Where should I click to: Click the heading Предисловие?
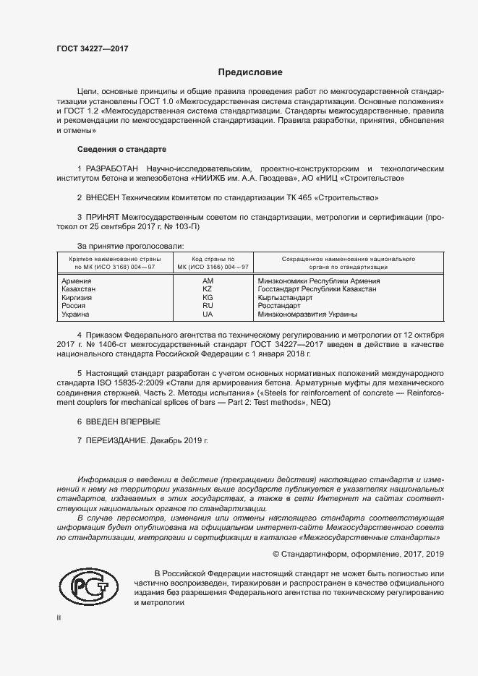click(x=250, y=72)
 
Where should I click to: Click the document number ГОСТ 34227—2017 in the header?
click(x=93, y=49)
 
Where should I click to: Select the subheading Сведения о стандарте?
click(x=121, y=149)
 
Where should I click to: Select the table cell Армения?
click(x=77, y=281)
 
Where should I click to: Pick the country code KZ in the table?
click(x=208, y=288)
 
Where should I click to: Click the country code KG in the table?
click(x=208, y=297)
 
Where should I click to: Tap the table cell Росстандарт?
click(x=279, y=306)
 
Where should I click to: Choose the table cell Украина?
click(x=76, y=315)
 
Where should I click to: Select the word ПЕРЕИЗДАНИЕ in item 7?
click(x=116, y=440)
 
